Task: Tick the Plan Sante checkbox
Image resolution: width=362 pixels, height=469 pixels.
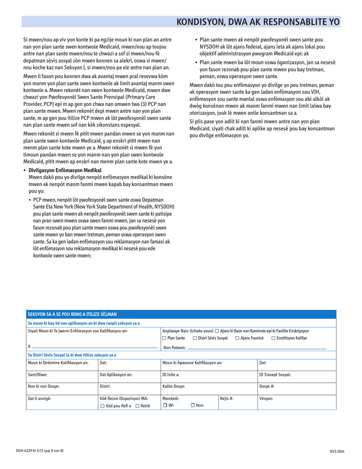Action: pos(164,338)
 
